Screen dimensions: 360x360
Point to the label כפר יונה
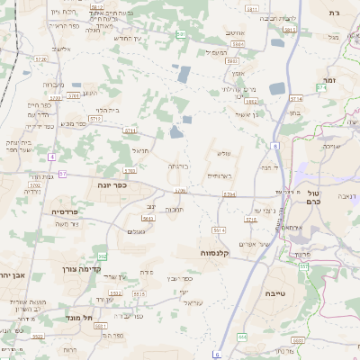[x=112, y=184]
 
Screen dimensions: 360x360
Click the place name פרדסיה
[x=64, y=211]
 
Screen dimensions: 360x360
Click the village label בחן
[x=294, y=114]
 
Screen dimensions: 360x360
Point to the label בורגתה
[x=177, y=166]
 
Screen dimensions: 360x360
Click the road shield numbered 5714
[x=297, y=98]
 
